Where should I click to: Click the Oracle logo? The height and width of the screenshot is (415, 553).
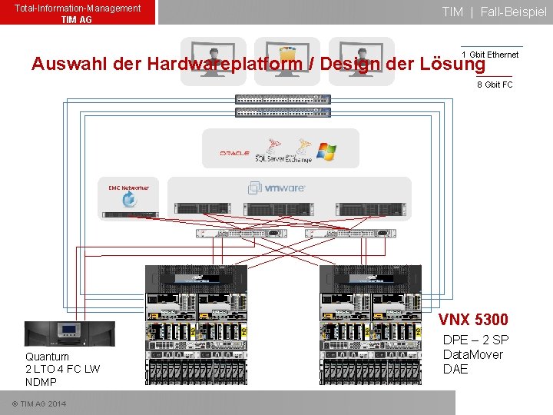234,153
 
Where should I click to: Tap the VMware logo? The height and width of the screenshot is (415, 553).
276,188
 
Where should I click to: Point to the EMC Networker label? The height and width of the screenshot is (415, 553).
128,188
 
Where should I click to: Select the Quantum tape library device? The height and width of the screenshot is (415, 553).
70,334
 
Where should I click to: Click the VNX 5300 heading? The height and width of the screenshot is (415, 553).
473,319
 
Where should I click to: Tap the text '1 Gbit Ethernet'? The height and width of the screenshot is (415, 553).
490,55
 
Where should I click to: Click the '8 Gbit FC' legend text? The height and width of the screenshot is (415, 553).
495,85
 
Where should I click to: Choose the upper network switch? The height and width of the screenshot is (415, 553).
283,99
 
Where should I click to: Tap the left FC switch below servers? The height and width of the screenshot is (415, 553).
241,233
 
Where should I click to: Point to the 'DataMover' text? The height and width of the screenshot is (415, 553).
472,354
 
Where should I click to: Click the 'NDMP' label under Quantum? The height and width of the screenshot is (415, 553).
41,382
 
